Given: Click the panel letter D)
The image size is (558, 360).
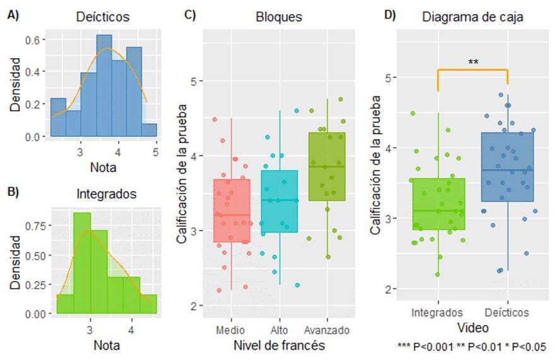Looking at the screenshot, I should click(x=389, y=15).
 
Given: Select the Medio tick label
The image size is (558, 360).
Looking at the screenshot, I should click(x=232, y=330).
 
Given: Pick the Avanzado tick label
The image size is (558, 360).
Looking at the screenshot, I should click(x=326, y=330).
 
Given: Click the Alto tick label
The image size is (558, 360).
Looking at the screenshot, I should click(x=279, y=330).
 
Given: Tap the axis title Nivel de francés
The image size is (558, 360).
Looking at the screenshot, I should click(x=279, y=345).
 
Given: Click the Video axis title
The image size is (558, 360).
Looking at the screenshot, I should click(x=473, y=328).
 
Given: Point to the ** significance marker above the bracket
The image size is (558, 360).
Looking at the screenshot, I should click(x=473, y=62).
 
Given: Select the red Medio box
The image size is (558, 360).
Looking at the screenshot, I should click(x=232, y=211).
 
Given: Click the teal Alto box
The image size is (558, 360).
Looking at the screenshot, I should click(x=279, y=201).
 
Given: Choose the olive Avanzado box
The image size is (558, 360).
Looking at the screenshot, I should click(x=326, y=167).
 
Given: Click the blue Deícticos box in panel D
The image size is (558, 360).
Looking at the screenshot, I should click(x=508, y=167).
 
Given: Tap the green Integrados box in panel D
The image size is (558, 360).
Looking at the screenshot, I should click(x=437, y=203).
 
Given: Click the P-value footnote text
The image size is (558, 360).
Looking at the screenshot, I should click(x=472, y=347).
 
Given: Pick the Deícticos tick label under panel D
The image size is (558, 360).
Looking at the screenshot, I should click(x=508, y=313).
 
